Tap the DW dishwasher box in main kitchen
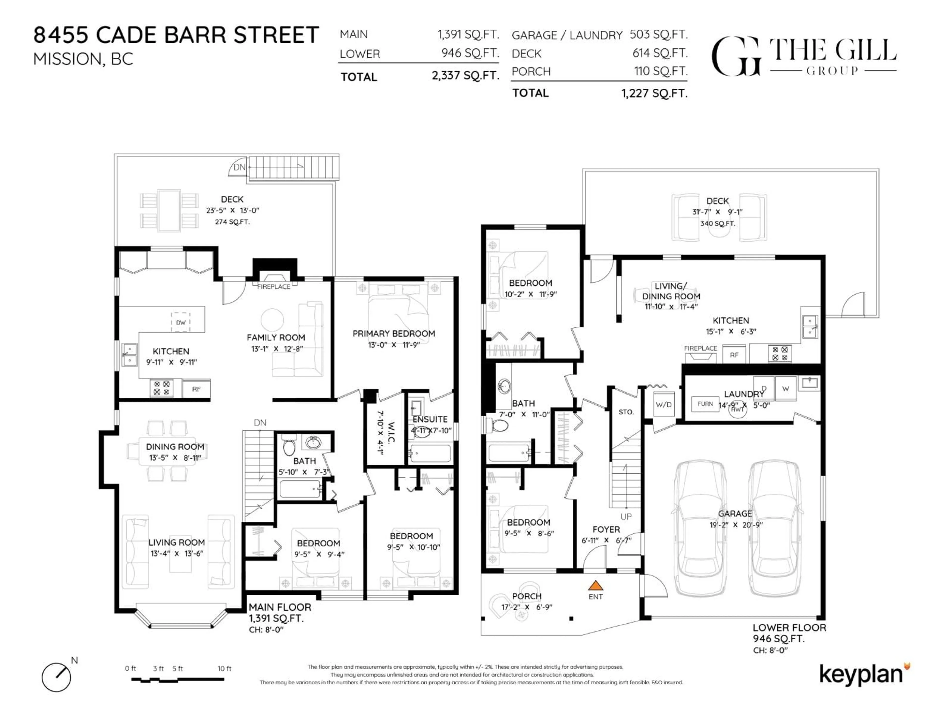[x=181, y=322]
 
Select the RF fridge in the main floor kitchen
[x=196, y=389]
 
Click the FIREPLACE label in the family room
[x=274, y=287]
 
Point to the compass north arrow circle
[x=56, y=677]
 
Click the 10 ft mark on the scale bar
[x=224, y=668]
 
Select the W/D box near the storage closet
[x=663, y=405]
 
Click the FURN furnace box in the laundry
[x=705, y=404]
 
